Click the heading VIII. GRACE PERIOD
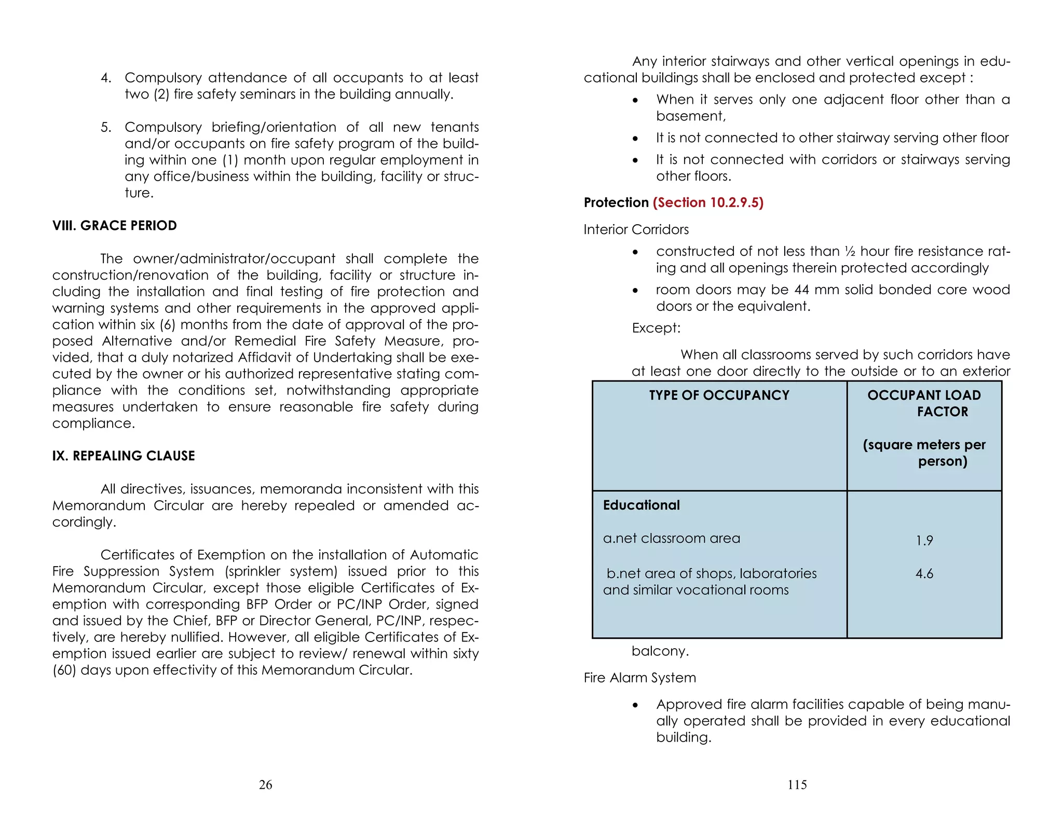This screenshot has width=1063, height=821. tap(114, 226)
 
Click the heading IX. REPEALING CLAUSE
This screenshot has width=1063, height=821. tap(124, 456)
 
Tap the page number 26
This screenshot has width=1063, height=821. tap(265, 785)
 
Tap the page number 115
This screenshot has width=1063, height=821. tap(797, 785)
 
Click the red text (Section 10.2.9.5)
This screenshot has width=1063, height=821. tap(708, 202)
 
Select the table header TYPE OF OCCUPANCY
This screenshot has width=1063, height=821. tap(719, 395)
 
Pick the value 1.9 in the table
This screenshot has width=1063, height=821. tap(924, 541)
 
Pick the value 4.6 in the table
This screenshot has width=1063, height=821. tap(924, 574)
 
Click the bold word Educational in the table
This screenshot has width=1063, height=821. tap(641, 505)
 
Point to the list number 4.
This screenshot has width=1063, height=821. tap(106, 78)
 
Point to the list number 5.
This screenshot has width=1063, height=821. tap(106, 128)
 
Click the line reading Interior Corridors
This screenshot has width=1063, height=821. tap(636, 229)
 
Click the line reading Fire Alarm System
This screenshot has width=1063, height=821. tap(639, 678)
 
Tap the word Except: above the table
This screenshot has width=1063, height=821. tap(656, 328)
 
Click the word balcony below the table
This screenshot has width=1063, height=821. tap(659, 651)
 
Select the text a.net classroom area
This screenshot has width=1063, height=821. tap(671, 539)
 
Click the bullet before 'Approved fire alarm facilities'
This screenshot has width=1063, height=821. tap(635, 705)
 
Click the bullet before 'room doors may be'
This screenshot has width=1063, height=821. tap(635, 291)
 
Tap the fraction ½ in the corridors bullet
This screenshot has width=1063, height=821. tap(850, 252)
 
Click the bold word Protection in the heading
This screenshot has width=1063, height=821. tap(616, 202)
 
